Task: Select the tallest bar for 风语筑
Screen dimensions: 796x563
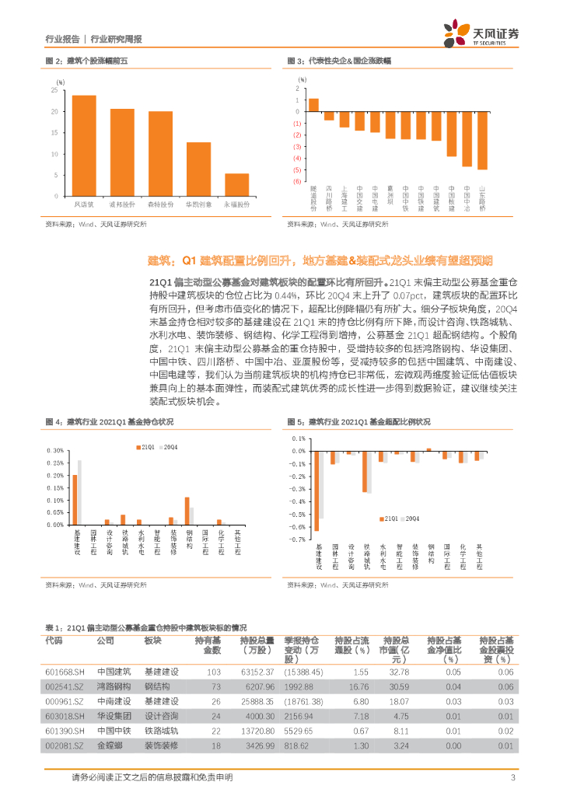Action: point(84,145)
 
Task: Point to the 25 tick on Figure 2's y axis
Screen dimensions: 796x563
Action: point(53,90)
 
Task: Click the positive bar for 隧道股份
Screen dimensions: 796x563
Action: point(313,105)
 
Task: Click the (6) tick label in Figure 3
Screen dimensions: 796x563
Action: point(297,181)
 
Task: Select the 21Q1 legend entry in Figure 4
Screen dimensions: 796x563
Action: point(145,447)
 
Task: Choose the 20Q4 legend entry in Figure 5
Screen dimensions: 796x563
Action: point(408,517)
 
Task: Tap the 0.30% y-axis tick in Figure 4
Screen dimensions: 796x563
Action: point(54,451)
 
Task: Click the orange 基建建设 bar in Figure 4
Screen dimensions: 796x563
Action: point(75,499)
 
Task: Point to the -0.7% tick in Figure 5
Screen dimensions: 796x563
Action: point(297,539)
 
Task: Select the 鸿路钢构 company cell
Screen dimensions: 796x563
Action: point(114,687)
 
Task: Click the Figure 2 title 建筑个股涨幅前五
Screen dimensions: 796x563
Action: point(96,60)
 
